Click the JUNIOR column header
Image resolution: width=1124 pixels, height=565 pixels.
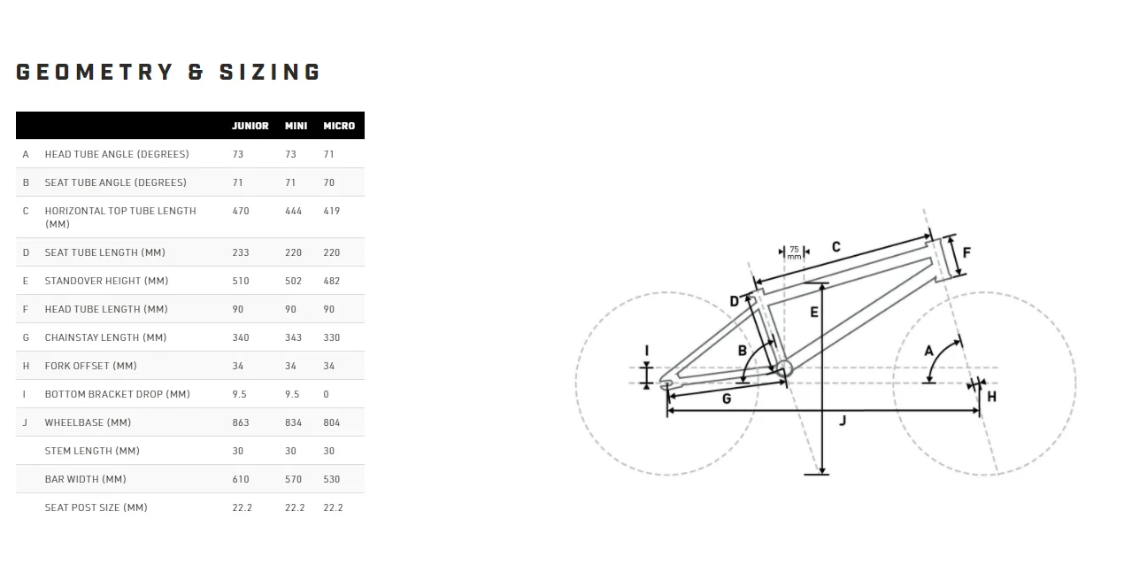tap(250, 126)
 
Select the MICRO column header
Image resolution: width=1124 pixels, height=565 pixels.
tap(339, 126)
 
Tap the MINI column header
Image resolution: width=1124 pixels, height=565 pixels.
tap(296, 126)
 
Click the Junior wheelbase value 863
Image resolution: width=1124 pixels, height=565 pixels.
tap(241, 422)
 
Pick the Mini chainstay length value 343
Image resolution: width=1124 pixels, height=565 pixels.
tap(294, 337)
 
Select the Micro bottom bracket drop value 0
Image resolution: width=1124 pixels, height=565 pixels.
tap(327, 394)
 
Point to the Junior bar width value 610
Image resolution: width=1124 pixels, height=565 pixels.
tap(241, 479)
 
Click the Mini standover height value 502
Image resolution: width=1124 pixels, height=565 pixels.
tap(294, 281)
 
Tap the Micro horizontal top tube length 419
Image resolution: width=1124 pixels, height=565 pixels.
tap(332, 211)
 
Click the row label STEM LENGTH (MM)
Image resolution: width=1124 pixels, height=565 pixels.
tap(92, 451)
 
